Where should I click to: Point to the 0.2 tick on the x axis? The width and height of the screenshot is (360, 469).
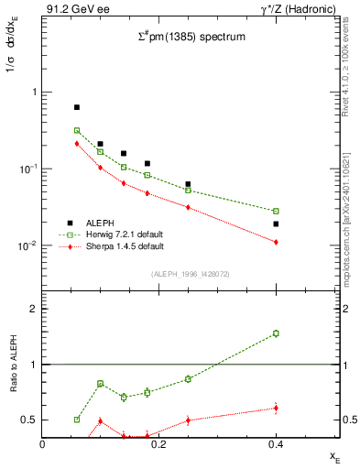pyautogui.click(x=159, y=444)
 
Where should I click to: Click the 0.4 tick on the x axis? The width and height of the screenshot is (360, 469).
pyautogui.click(x=275, y=444)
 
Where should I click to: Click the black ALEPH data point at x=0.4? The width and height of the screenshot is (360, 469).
pyautogui.click(x=276, y=224)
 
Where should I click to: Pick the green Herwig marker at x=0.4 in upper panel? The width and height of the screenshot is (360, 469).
pyautogui.click(x=276, y=211)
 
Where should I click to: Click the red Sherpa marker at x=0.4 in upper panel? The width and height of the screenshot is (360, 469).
pyautogui.click(x=276, y=242)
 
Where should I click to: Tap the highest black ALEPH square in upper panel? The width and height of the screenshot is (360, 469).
pyautogui.click(x=77, y=107)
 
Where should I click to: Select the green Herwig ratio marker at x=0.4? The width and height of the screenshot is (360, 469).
pyautogui.click(x=276, y=333)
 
